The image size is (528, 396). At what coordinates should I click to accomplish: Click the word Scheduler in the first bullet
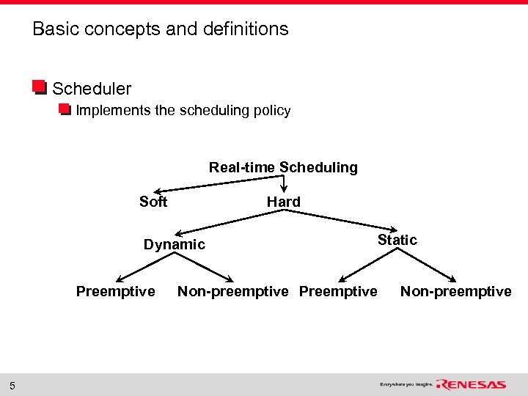click(92, 89)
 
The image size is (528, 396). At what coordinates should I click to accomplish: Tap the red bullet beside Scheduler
click(40, 88)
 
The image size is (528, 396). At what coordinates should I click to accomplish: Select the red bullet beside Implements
click(65, 111)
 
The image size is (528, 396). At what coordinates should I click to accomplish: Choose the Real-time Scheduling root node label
click(283, 167)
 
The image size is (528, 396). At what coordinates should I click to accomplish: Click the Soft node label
click(153, 202)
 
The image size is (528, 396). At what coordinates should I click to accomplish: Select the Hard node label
click(283, 202)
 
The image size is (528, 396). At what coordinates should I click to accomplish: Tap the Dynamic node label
click(174, 244)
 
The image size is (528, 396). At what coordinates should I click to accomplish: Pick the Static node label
click(397, 240)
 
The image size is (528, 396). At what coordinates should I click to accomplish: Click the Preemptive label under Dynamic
click(115, 292)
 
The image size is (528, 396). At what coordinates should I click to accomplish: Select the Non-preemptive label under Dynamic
click(232, 292)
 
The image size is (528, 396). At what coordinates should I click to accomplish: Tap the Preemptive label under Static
click(338, 292)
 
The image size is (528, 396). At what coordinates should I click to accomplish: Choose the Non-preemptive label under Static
click(455, 292)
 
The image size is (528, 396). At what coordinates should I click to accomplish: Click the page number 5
click(12, 386)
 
